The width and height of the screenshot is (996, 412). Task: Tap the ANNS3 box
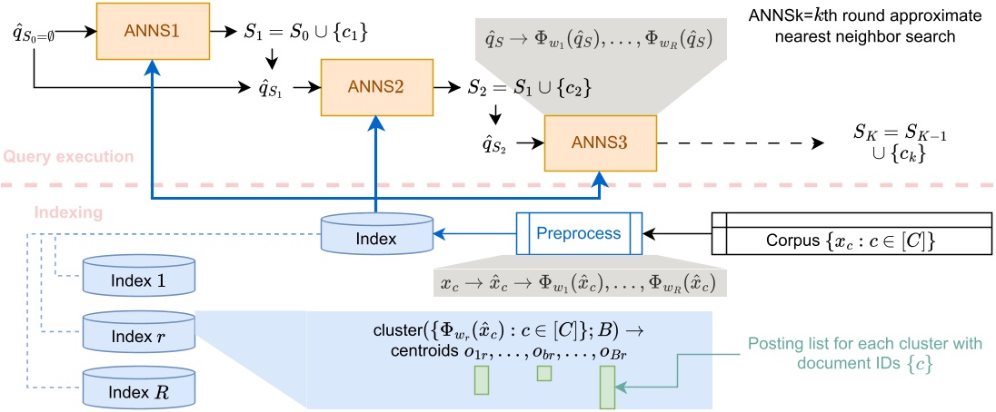[599, 142]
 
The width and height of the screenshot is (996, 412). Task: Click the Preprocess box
[578, 233]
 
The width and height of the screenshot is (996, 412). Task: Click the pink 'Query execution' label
[67, 157]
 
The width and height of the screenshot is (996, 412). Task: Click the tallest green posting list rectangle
[607, 388]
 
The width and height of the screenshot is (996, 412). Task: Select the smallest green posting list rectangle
[544, 374]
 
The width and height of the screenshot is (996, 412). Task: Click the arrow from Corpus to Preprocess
[676, 233]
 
